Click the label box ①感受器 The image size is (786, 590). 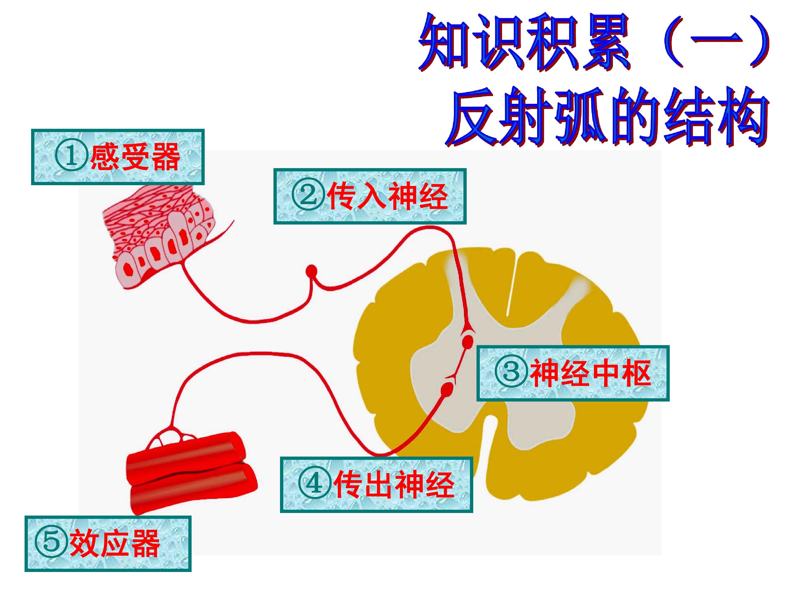(118, 157)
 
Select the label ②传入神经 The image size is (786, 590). (370, 196)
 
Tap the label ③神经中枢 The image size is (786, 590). (573, 373)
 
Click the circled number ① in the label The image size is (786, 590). (71, 157)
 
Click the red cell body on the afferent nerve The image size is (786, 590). (311, 271)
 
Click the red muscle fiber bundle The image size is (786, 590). (192, 473)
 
